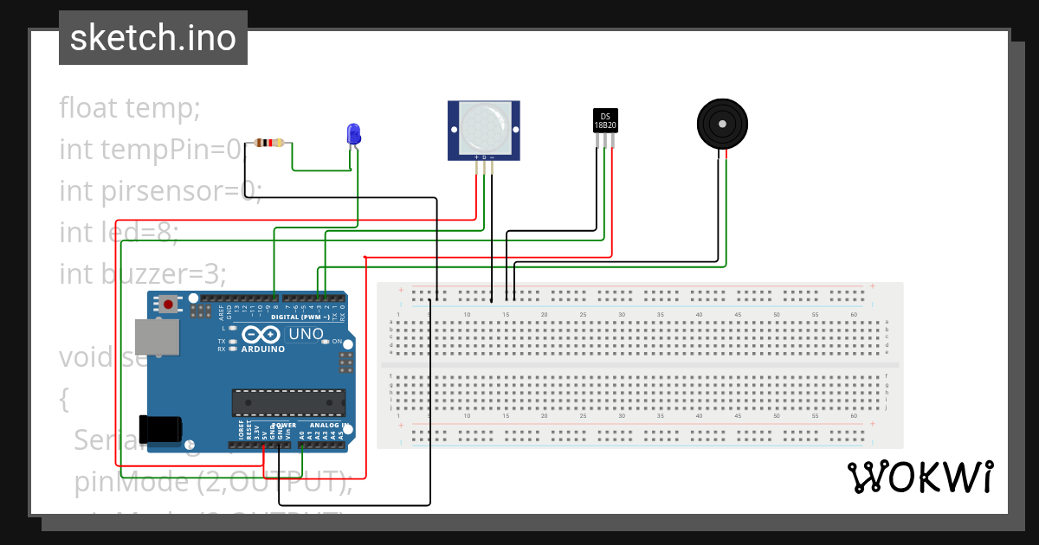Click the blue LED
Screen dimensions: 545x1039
point(353,134)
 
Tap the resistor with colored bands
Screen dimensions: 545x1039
point(270,144)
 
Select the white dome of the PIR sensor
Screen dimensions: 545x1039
point(485,125)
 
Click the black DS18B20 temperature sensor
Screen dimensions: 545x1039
point(605,120)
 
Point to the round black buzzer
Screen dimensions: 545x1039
point(721,125)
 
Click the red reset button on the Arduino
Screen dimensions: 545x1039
point(167,305)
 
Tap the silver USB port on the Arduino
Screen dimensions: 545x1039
point(158,337)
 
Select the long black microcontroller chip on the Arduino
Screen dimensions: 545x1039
point(288,402)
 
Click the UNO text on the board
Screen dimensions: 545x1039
point(306,334)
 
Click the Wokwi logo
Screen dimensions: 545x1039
point(920,477)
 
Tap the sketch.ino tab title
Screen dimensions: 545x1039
point(153,38)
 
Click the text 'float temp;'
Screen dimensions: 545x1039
point(130,108)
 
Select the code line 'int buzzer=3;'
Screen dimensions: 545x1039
point(143,273)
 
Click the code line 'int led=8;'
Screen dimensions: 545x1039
point(119,232)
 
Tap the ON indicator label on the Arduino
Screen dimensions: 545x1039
point(335,341)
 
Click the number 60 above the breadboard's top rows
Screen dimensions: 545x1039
point(854,314)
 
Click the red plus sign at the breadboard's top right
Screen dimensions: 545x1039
point(873,286)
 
